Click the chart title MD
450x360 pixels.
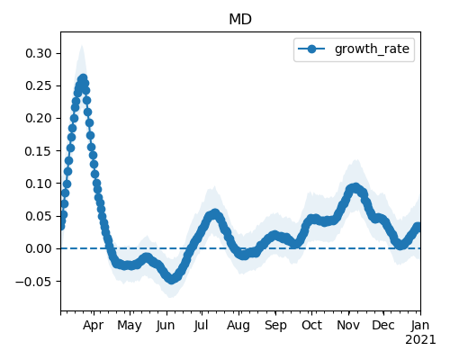[x=240, y=20]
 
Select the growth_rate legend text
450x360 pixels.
[x=372, y=49]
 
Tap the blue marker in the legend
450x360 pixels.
[x=311, y=49]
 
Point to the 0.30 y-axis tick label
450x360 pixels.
[x=39, y=53]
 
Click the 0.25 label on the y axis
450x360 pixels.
[x=39, y=85]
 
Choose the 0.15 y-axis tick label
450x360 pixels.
[x=39, y=151]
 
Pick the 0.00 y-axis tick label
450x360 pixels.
[x=39, y=248]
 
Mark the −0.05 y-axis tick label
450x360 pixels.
[x=33, y=282]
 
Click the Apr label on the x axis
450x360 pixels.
[x=94, y=325]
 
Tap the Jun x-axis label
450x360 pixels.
[x=166, y=325]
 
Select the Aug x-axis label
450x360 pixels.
[x=238, y=326]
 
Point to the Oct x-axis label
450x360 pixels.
[x=312, y=325]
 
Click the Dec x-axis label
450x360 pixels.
[x=383, y=325]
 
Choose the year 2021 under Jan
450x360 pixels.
[x=420, y=340]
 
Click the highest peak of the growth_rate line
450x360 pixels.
[x=83, y=79]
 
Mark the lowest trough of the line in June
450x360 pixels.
[x=171, y=279]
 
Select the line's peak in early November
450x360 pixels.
[x=355, y=188]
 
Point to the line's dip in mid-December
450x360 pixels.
[x=400, y=245]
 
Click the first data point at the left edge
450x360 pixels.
[x=61, y=226]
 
